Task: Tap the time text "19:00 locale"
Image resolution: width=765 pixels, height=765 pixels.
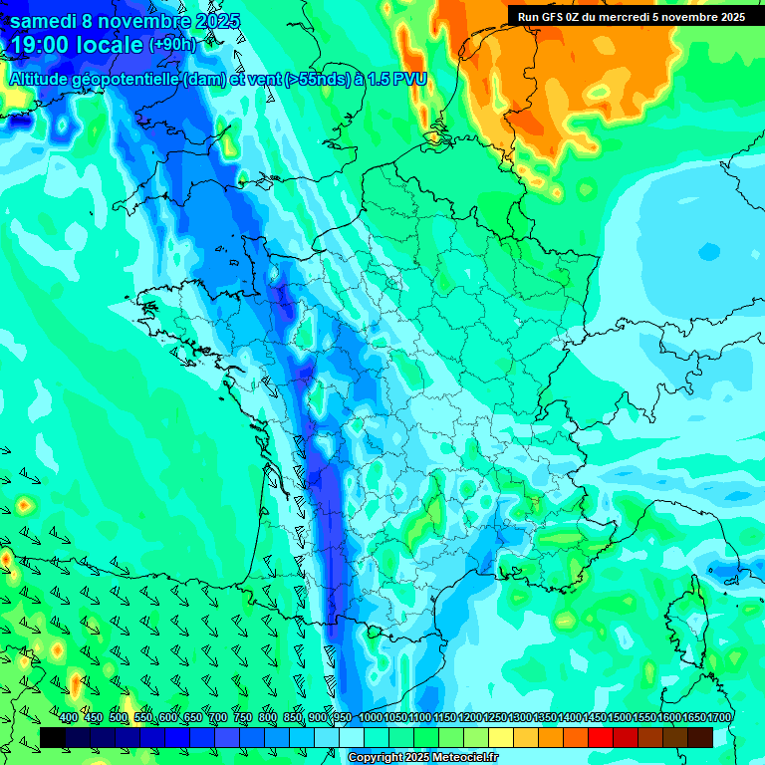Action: tap(76, 46)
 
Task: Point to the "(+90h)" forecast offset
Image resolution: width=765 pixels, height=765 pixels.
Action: tap(172, 45)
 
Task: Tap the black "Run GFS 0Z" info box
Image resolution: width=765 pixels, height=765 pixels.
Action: tap(632, 16)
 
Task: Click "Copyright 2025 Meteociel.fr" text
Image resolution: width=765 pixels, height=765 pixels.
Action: tap(422, 758)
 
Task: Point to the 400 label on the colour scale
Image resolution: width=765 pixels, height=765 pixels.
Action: tap(69, 717)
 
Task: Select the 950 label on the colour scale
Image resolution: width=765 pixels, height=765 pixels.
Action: tap(342, 717)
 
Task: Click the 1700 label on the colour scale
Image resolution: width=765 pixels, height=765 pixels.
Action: tap(718, 717)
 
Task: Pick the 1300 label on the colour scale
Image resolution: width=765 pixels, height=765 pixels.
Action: tap(519, 717)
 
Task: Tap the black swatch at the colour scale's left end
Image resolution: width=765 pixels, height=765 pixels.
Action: tap(53, 737)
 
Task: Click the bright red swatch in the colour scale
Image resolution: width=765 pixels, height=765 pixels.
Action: tap(601, 737)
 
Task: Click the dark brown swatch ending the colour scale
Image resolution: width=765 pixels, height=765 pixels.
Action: tap(700, 737)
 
